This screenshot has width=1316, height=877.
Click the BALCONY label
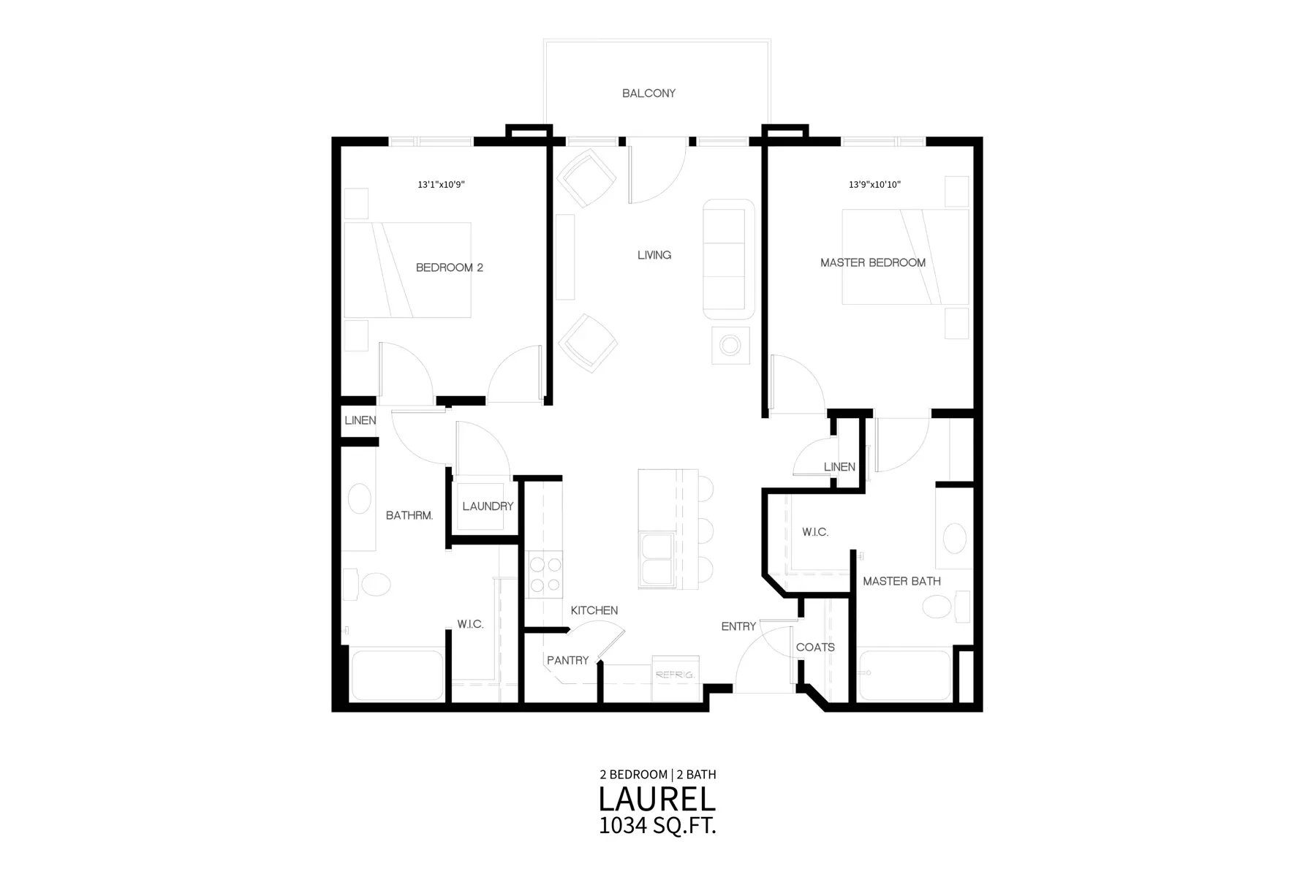[648, 94]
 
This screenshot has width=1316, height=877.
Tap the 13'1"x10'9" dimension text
[441, 185]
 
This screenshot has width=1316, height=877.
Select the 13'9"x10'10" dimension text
[874, 185]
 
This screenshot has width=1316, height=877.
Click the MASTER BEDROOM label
[873, 262]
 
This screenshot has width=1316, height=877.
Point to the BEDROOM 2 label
[450, 267]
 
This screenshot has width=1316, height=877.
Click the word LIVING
[654, 255]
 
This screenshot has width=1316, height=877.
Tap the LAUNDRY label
[488, 506]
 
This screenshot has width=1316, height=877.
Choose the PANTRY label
[567, 661]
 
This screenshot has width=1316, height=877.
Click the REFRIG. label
[675, 675]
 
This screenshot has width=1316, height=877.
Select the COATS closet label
[815, 648]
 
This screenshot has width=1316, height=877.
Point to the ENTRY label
[738, 626]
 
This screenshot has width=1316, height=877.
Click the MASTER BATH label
[901, 582]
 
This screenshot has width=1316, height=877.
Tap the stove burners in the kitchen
[545, 574]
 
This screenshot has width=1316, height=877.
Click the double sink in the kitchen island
[657, 560]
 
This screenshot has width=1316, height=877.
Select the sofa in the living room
[729, 259]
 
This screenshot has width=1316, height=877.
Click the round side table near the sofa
[730, 345]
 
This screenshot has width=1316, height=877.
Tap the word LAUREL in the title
[657, 799]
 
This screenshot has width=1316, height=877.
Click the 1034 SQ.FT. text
[657, 826]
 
